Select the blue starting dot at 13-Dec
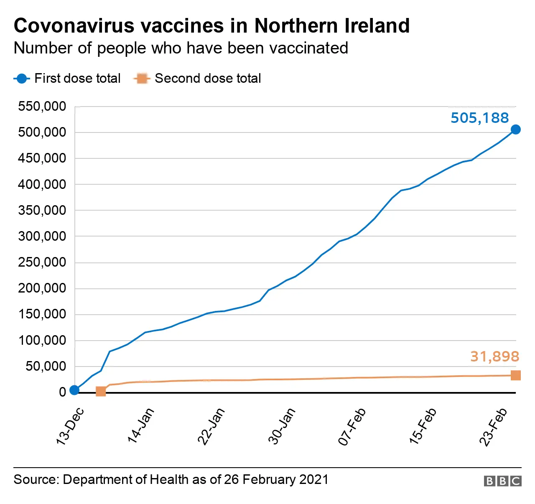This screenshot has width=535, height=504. click(74, 390)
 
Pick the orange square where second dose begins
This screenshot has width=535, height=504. click(101, 392)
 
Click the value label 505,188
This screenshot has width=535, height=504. click(479, 118)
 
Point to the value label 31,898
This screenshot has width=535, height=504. click(494, 356)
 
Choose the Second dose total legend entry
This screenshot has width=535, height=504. click(197, 79)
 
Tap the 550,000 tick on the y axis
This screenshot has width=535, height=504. click(42, 107)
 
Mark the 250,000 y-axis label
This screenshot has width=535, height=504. click(42, 262)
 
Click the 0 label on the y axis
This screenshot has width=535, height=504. click(62, 392)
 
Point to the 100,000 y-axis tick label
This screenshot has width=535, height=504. click(42, 341)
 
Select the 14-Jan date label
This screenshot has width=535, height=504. click(141, 425)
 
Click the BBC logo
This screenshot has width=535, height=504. click(502, 481)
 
